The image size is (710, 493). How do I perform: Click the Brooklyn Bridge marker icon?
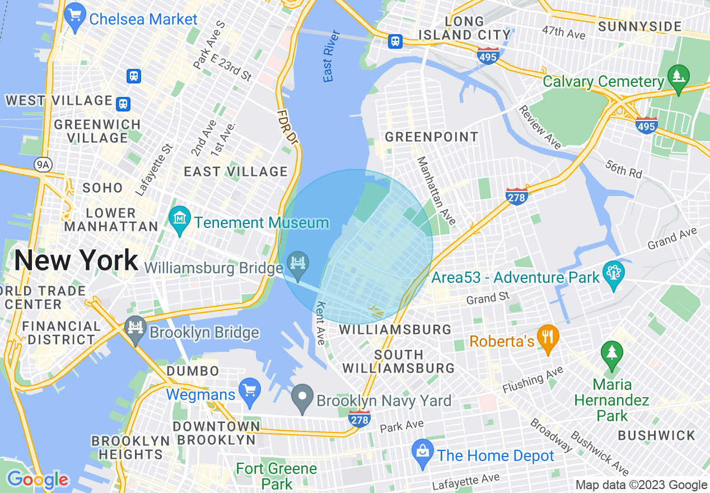pyautogui.click(x=135, y=328)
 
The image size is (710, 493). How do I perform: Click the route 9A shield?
pyautogui.click(x=42, y=164)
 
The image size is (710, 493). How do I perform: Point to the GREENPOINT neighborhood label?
pyautogui.click(x=431, y=137)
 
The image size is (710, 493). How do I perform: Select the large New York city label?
pyautogui.click(x=76, y=261)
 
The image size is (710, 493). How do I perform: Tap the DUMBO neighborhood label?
pyautogui.click(x=193, y=371)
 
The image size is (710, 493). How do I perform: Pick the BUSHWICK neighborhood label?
pyautogui.click(x=656, y=435)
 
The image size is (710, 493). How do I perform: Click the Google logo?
pyautogui.click(x=38, y=480)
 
